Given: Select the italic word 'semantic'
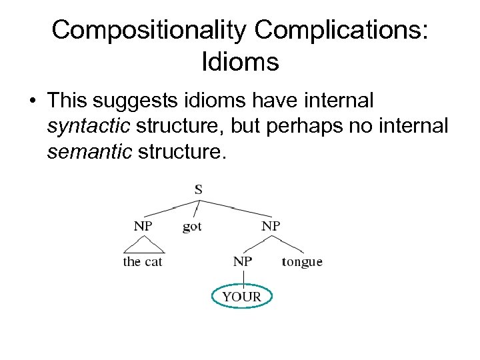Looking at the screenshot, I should click(90, 153).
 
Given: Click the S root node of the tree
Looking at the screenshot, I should click(198, 189).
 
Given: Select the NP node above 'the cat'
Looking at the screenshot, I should click(143, 225).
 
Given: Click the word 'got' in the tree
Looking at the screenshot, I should click(192, 226).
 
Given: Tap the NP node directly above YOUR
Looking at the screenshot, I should click(243, 261).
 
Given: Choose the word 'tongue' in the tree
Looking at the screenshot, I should click(302, 261).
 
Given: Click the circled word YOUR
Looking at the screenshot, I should click(242, 297).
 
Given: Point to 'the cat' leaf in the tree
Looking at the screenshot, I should click(143, 261).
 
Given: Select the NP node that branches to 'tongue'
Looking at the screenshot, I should click(271, 225).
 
